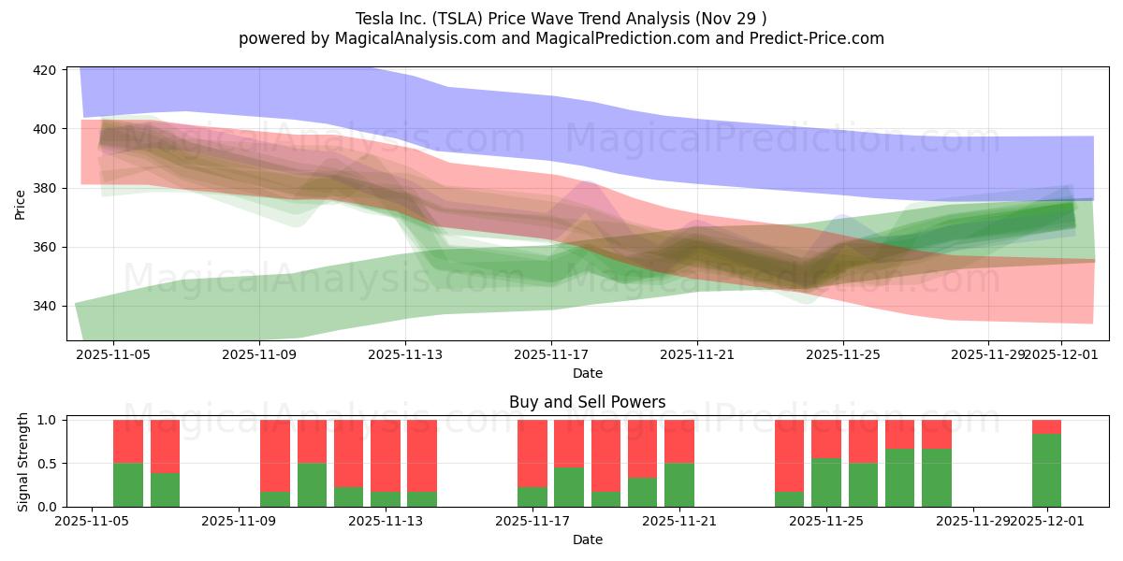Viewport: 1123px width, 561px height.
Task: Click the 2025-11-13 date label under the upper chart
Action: (405, 355)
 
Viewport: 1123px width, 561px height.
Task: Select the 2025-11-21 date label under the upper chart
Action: (697, 355)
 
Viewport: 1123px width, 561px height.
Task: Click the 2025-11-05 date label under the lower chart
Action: (92, 522)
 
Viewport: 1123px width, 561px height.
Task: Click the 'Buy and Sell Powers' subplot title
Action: (588, 403)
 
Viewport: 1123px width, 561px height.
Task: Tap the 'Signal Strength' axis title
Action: (23, 463)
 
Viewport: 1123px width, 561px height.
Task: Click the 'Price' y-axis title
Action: (21, 205)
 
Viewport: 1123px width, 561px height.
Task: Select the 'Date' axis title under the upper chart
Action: (588, 373)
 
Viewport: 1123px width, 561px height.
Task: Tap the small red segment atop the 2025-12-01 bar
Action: (1046, 427)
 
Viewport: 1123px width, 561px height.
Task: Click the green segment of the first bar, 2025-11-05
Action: (128, 485)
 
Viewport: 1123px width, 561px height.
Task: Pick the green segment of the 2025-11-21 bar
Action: (679, 485)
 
